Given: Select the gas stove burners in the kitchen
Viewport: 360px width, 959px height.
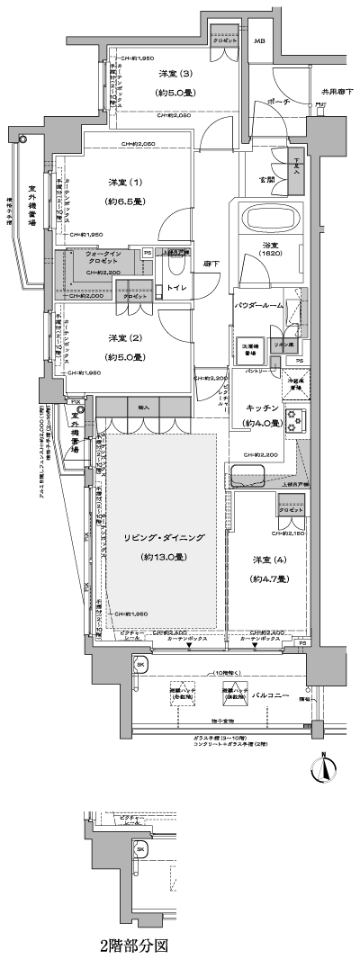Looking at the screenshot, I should coord(296,420).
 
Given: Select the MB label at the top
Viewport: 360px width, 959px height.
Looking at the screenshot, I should coord(259,41).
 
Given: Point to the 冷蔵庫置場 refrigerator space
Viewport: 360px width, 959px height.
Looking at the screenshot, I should coord(295,381).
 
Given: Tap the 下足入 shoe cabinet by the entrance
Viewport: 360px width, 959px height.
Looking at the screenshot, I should coord(298,168).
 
